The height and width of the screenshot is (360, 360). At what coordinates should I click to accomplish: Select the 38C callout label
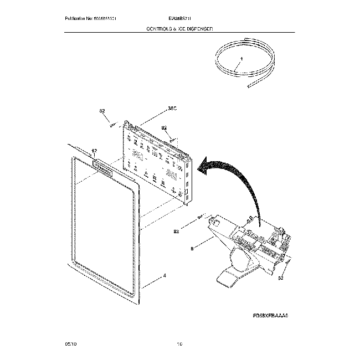[172, 110]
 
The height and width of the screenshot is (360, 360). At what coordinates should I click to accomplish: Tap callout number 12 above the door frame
[94, 151]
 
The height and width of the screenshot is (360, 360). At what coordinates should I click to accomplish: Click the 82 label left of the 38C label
[102, 112]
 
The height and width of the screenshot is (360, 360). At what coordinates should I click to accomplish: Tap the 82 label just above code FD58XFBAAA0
[281, 279]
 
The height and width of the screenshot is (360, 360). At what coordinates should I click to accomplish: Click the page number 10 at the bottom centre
[179, 344]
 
